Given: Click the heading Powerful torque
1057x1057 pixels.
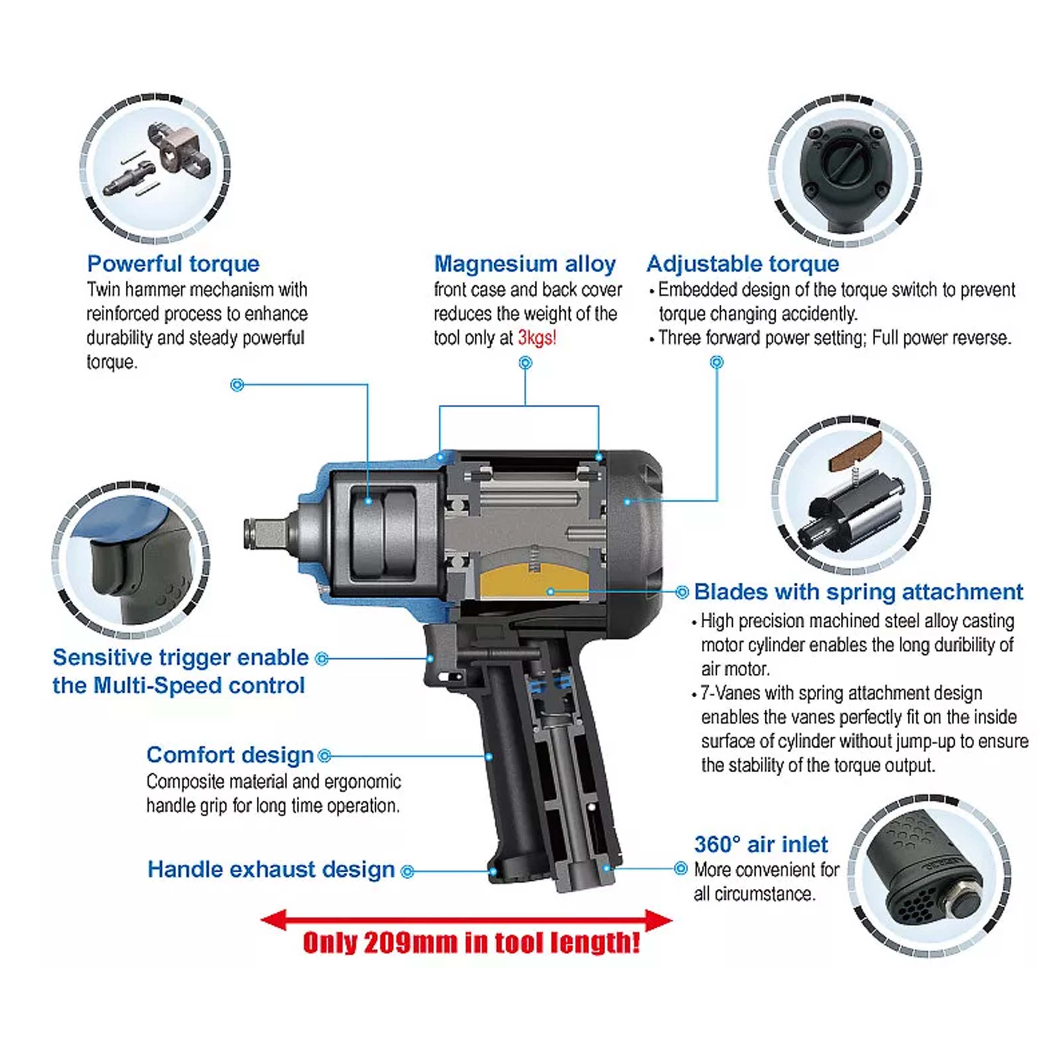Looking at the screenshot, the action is (x=173, y=264).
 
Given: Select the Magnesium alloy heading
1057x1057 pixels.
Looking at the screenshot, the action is (x=525, y=264).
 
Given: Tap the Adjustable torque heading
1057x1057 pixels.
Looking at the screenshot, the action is (x=742, y=264).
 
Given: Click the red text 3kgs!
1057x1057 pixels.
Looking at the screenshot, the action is (x=537, y=338).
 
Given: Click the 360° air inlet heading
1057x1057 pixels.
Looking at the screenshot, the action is (x=760, y=844).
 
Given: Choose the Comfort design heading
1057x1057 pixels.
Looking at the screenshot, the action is (x=230, y=755).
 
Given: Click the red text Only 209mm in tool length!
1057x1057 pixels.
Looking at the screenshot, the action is (x=471, y=942).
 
